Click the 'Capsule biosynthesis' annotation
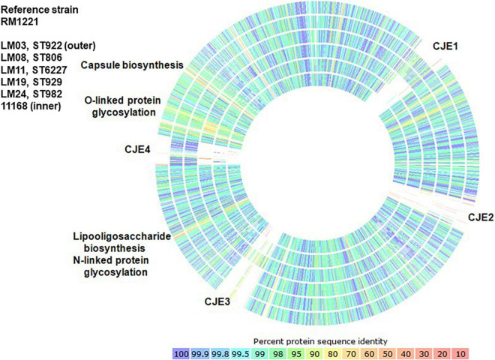[x=133, y=65]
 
